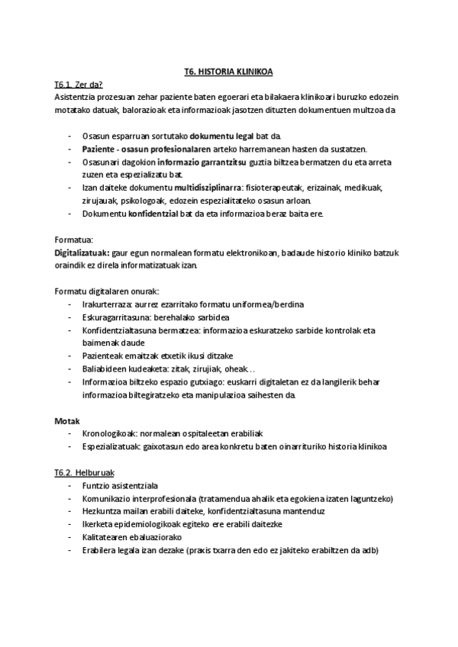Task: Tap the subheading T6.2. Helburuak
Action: pyautogui.click(x=84, y=473)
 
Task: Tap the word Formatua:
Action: pyautogui.click(x=73, y=239)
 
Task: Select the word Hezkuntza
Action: pyautogui.click(x=102, y=512)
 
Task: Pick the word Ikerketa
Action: pyautogui.click(x=96, y=525)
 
